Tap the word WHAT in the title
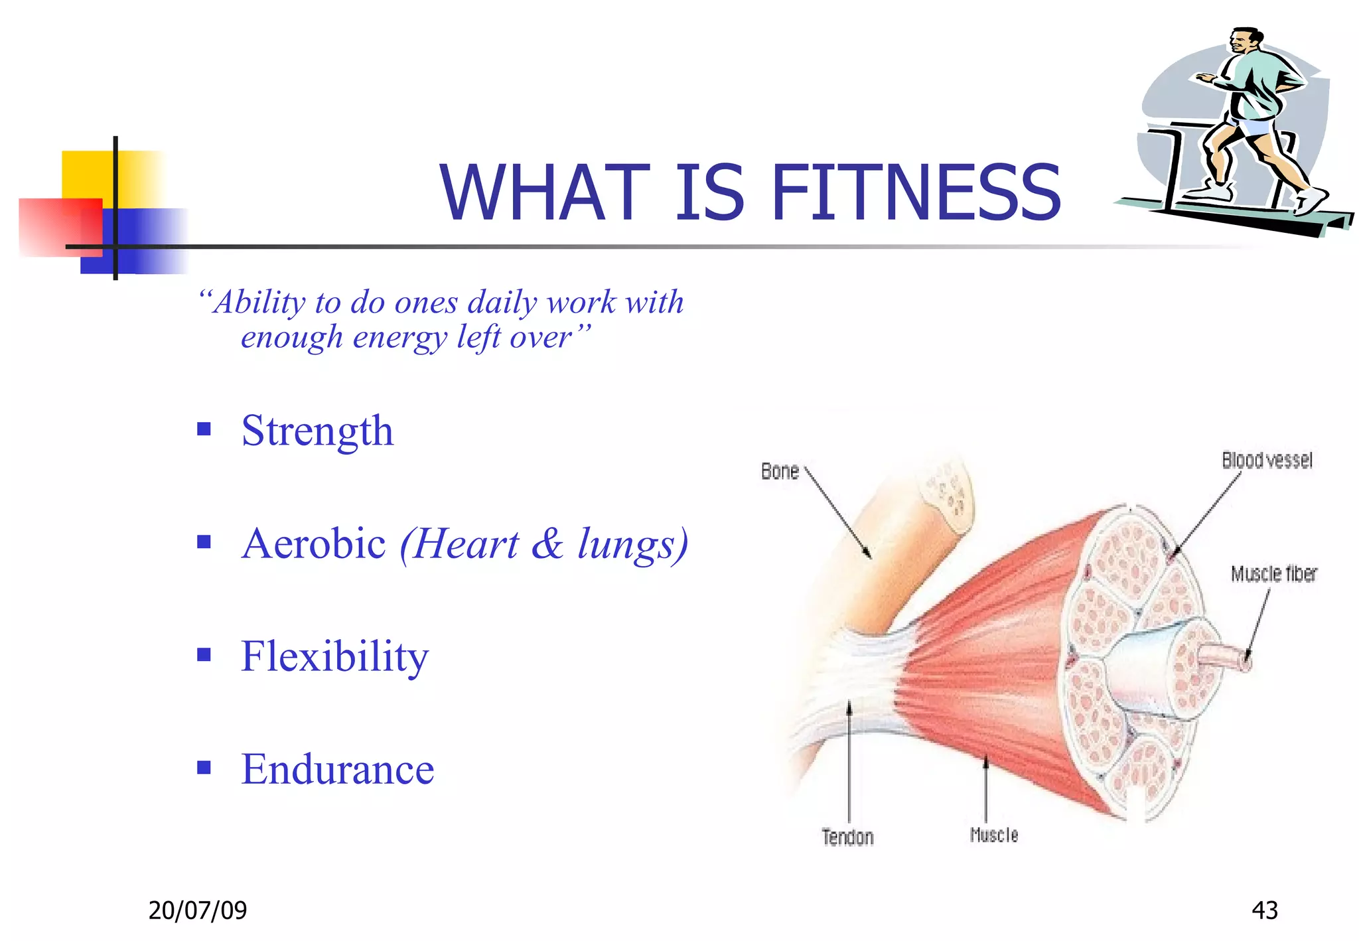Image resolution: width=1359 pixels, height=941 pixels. point(544,193)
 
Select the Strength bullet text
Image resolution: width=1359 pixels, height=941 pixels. point(317,431)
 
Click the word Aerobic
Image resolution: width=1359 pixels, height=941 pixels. point(313,543)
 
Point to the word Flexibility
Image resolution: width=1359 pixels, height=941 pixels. point(334,656)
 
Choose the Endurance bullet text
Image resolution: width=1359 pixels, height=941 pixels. point(337,769)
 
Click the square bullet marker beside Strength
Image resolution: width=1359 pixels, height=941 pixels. point(204,429)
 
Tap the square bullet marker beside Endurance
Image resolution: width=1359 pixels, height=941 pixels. point(204,768)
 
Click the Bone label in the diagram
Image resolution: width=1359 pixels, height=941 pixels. point(780,471)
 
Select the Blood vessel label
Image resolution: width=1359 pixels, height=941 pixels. point(1267,461)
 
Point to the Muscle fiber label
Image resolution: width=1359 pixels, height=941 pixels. point(1273,573)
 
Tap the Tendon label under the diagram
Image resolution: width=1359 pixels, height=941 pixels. point(847,837)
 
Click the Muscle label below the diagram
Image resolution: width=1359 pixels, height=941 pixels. point(993,835)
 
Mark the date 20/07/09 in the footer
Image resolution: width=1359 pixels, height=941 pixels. point(197,910)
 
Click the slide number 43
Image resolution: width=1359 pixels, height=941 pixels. point(1264,910)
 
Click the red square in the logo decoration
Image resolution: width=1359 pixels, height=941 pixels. point(53,226)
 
